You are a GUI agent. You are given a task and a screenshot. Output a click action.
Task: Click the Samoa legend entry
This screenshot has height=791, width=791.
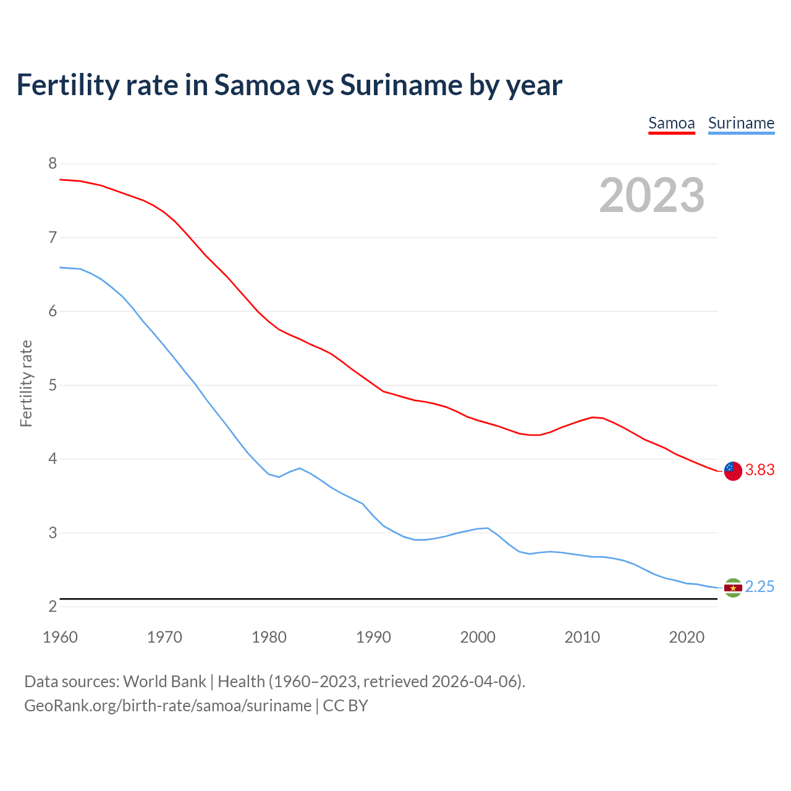pyautogui.click(x=671, y=123)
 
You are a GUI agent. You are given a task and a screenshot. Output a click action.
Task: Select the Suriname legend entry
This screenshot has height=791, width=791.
pyautogui.click(x=741, y=123)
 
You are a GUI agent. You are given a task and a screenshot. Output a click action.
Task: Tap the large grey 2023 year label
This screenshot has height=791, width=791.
pyautogui.click(x=651, y=195)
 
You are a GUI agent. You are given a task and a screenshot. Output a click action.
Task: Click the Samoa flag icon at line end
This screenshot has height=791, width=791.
pyautogui.click(x=733, y=470)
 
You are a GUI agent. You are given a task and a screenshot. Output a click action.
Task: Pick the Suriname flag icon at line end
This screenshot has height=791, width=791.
pyautogui.click(x=733, y=587)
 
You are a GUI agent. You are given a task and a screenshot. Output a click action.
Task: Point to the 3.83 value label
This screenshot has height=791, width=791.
pyautogui.click(x=759, y=470)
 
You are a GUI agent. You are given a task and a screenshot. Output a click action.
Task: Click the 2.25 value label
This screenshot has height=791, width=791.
pyautogui.click(x=759, y=587)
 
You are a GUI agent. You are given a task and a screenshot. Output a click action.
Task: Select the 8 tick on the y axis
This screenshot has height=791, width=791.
pyautogui.click(x=53, y=164)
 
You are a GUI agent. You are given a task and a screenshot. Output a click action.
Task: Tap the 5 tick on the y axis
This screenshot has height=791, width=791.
pyautogui.click(x=53, y=386)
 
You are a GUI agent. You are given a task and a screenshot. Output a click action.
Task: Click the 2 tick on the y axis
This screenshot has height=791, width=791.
pyautogui.click(x=53, y=607)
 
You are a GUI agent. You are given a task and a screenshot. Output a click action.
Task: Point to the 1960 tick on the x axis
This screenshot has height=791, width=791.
pyautogui.click(x=60, y=637)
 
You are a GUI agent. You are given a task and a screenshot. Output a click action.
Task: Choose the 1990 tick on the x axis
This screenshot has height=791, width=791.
pyautogui.click(x=373, y=637)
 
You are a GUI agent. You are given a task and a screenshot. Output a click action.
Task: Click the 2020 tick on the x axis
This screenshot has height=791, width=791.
pyautogui.click(x=687, y=637)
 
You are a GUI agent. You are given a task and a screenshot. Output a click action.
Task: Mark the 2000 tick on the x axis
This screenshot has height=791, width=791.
pyautogui.click(x=478, y=637)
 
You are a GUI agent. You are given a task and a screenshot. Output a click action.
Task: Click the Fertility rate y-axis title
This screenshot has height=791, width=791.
pyautogui.click(x=26, y=383)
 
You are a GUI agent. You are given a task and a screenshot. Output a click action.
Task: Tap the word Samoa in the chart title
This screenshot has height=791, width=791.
pyautogui.click(x=256, y=85)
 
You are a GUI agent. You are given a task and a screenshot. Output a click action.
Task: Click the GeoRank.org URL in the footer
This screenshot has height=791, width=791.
pyautogui.click(x=167, y=706)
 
